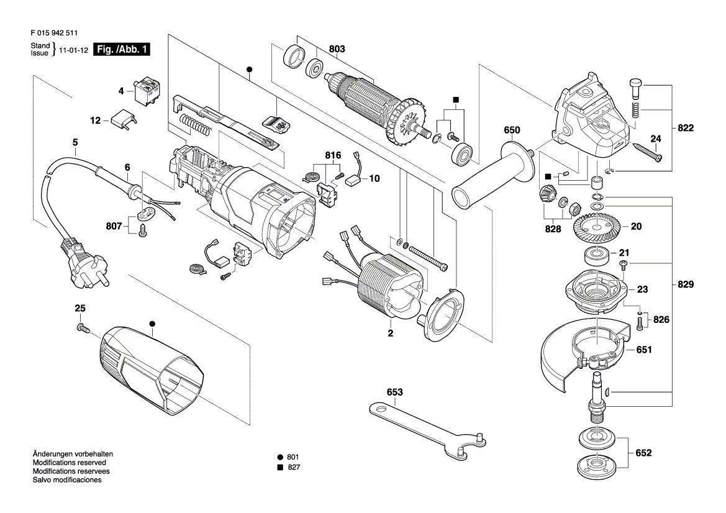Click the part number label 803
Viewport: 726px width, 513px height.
tap(337, 49)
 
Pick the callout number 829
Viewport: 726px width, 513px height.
tap(686, 284)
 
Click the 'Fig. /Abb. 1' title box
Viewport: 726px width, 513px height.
tap(122, 49)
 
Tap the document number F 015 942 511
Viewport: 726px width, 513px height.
tap(54, 33)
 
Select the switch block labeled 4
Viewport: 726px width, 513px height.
tap(147, 92)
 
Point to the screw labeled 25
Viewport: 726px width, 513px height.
tap(83, 329)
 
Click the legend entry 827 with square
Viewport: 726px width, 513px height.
tap(288, 468)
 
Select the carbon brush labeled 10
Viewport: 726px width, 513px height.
tap(355, 181)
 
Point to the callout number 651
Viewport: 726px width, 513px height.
tap(644, 350)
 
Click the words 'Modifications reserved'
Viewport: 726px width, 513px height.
tap(70, 463)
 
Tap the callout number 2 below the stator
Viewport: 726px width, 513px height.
tap(390, 334)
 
